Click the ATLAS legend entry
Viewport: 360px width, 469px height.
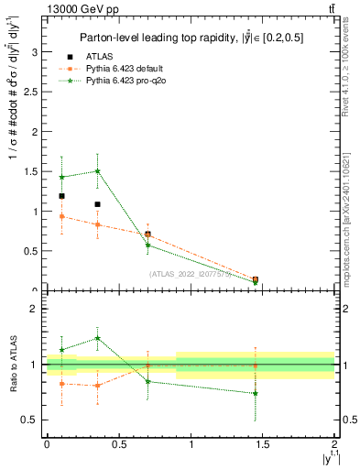108,57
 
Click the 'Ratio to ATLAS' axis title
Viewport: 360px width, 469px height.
13,365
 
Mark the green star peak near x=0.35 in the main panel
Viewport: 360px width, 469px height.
98,171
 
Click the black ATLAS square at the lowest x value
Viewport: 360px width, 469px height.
61,196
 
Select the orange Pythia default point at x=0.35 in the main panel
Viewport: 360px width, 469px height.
98,224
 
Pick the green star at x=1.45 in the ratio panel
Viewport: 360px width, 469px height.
256,393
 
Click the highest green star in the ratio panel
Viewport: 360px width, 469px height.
98,338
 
